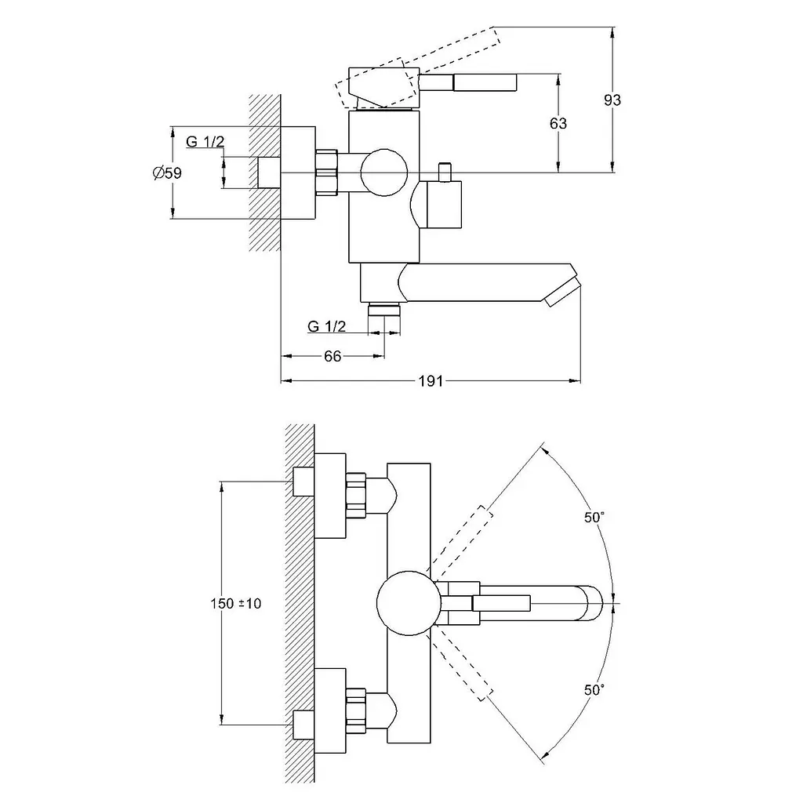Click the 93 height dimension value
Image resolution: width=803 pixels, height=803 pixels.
(612, 100)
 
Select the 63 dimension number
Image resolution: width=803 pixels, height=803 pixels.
(558, 123)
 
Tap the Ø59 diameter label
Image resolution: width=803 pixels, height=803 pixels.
(167, 173)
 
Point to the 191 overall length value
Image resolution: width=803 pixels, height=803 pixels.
(431, 381)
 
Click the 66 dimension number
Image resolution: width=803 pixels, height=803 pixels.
(332, 357)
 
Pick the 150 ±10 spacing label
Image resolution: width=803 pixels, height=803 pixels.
(235, 603)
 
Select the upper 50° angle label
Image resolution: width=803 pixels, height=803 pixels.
(594, 518)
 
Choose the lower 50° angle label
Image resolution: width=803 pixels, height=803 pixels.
(594, 690)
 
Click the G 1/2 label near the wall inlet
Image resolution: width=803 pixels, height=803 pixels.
(205, 141)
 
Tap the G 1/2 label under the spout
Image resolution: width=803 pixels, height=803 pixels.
(327, 326)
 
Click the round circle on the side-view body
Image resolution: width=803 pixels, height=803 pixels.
(383, 173)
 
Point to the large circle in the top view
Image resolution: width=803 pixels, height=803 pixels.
(409, 603)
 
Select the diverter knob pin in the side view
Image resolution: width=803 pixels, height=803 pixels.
(445, 172)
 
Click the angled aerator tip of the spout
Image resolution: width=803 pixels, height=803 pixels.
(562, 293)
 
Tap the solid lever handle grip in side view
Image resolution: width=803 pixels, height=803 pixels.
(484, 82)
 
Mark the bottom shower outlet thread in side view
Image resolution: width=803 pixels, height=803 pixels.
(384, 309)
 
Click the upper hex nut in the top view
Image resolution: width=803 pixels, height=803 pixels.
(357, 496)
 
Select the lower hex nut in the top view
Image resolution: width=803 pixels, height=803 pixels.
(357, 710)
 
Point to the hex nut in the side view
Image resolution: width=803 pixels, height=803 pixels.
(327, 173)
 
